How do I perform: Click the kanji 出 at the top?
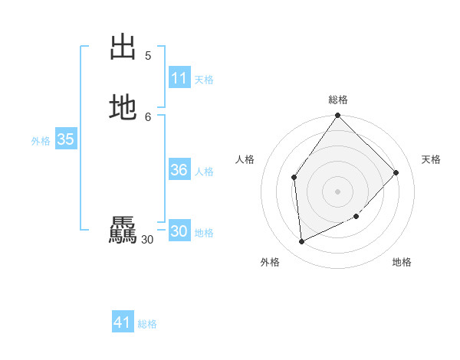pos(123,47)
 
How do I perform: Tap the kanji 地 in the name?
pos(123,107)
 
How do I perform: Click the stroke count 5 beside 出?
pos(148,55)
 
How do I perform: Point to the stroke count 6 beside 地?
pos(148,116)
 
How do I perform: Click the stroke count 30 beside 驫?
pos(147,240)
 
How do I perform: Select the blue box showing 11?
pos(179,78)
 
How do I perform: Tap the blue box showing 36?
pos(179,170)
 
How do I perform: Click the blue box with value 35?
pos(65,139)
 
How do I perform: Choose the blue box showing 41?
pos(123,322)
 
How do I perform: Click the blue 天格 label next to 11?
pos(204,80)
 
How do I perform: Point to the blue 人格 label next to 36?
pos(204,172)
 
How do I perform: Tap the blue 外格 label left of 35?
pos(41,141)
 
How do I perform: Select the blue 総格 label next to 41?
pos(147,324)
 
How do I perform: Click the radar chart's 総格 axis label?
pos(338,100)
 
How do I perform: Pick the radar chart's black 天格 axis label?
pos(431,159)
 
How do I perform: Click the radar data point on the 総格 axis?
pos(338,116)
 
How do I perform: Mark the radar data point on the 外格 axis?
pos(302,241)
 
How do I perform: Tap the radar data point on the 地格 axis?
pos(356,217)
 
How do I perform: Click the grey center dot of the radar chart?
pos(338,191)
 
